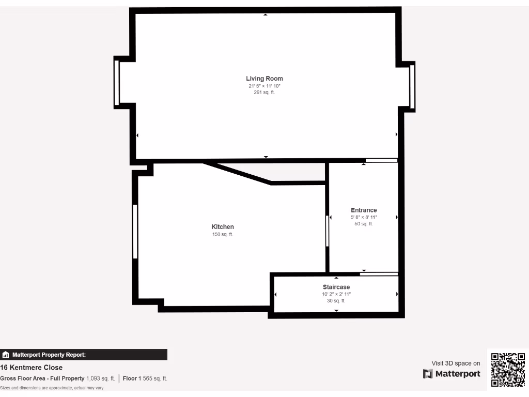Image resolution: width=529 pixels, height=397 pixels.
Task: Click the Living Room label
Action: coord(264,79)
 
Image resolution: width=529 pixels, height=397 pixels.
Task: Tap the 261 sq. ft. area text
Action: coord(264,93)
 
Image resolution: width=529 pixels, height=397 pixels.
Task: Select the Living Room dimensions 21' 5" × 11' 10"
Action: coord(264,86)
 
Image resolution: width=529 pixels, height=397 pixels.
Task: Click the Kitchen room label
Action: coord(223,227)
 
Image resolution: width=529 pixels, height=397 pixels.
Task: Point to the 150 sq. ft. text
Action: coord(223,234)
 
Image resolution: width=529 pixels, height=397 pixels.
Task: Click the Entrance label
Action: coord(364,210)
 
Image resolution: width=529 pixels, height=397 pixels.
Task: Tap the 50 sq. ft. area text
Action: coord(364,224)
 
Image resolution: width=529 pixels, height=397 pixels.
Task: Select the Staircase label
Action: coord(336,287)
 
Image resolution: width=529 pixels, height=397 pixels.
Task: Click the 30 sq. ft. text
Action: coord(336,300)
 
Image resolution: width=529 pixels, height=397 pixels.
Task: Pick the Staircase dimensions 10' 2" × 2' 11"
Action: coord(336,294)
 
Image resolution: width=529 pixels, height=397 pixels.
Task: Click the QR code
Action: coord(508,370)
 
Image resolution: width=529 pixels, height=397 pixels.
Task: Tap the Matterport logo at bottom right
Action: coord(452,374)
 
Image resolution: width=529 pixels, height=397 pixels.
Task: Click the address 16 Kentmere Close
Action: coord(32,368)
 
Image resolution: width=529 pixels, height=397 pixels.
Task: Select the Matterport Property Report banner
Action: coord(84,355)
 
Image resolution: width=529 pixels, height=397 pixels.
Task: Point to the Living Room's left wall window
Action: coord(117,83)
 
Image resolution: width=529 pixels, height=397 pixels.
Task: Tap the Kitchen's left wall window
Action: coord(135,232)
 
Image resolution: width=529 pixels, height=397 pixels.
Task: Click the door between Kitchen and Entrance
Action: coord(328,231)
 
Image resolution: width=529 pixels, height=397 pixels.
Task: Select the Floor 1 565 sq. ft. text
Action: coord(145,378)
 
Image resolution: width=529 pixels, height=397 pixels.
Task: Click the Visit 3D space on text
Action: coord(456,363)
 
